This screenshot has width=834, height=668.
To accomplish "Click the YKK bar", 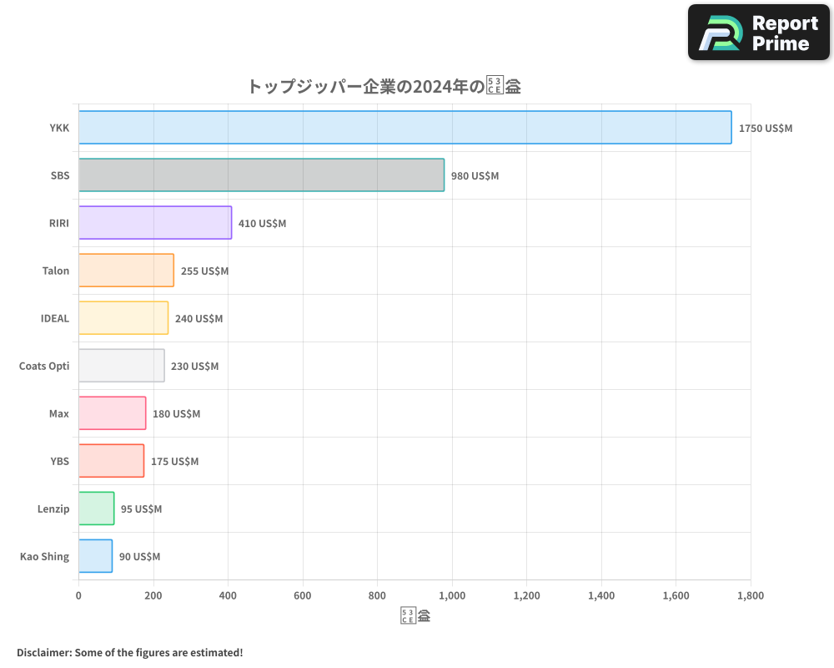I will point(405,128).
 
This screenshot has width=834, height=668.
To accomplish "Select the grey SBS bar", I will point(261,175).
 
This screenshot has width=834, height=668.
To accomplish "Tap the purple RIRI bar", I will point(155,223).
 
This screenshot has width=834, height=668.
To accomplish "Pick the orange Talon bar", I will point(126,271).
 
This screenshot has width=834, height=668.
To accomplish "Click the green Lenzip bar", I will point(97,509).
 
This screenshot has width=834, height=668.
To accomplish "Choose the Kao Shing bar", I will point(95,556).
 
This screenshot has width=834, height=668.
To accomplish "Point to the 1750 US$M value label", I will point(766,129).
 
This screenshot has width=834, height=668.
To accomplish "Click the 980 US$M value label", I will point(475,176).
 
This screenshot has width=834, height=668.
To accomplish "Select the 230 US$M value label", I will point(194,366).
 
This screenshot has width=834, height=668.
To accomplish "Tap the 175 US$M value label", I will point(174,461).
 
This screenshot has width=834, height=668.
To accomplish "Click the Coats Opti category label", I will point(44,366).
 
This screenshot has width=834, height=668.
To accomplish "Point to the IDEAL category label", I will point(55,318).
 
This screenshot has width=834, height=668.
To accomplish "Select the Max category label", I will point(59,413).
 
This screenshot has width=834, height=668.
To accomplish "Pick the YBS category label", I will point(59,461).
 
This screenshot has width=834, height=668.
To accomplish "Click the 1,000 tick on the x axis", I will point(452,595).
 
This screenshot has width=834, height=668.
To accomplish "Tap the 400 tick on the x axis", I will point(228,595).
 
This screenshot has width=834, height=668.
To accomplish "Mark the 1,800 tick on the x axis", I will point(750,595).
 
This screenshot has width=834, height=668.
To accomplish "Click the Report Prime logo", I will point(759,33).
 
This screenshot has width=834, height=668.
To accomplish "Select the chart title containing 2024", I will point(384,86).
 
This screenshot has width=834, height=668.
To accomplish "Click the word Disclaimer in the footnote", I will point(43,652).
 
